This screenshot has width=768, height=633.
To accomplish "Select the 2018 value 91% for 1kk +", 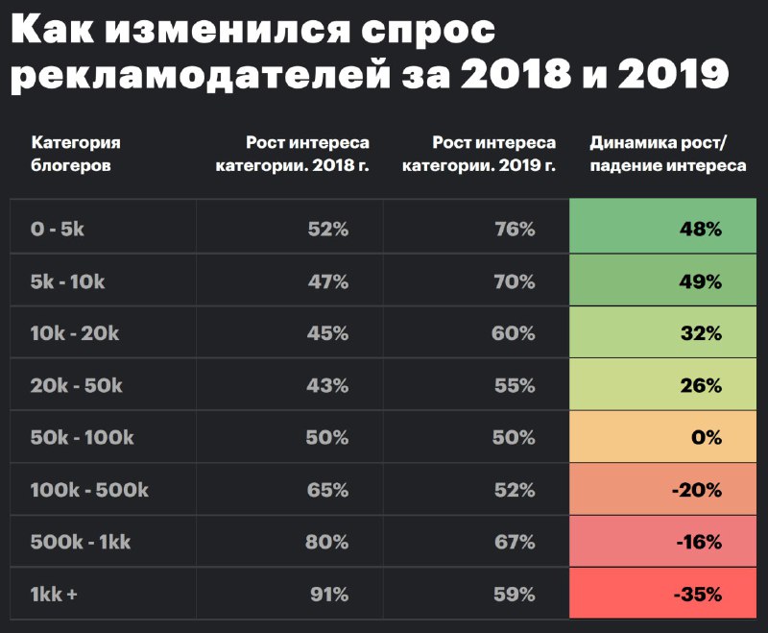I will coord(328,594).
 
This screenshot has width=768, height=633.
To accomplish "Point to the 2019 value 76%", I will coord(515,230).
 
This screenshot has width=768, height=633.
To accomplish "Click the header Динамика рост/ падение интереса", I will coord(668,154).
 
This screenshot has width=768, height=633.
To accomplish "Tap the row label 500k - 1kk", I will coord(81,542).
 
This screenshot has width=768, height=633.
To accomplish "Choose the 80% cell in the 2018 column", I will coord(328,542).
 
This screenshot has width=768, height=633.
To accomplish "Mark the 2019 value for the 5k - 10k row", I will coord(515,281).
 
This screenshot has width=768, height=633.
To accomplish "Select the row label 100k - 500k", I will coord(89,490).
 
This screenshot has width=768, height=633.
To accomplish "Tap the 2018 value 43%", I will coord(328,385).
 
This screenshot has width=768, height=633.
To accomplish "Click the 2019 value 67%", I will coord(515,542).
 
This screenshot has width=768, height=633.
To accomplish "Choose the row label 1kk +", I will coord(55,594).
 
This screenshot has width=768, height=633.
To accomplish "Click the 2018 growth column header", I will coord(307,154).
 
